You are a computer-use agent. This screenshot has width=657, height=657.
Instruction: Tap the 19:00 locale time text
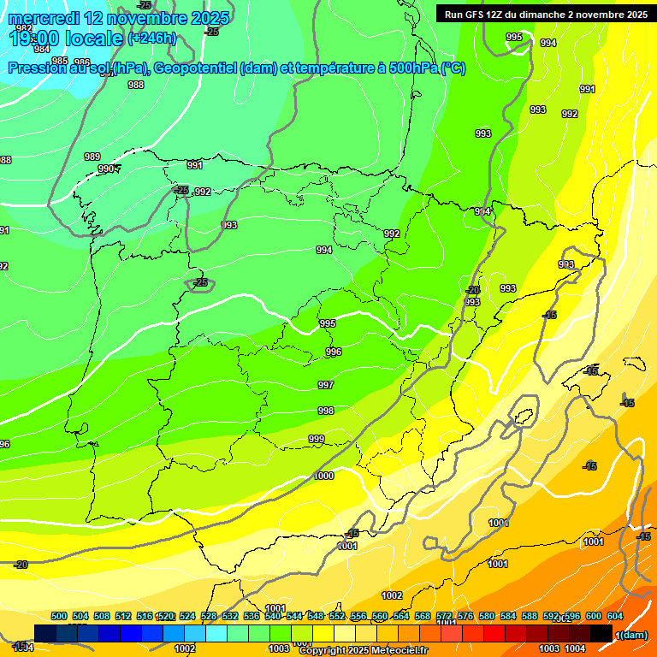[65, 38]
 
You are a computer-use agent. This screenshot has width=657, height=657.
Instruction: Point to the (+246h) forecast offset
[152, 38]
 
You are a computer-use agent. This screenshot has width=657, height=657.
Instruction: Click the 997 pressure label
[325, 386]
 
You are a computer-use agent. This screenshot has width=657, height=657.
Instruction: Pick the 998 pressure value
[325, 411]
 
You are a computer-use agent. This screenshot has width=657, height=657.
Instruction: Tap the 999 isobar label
[317, 439]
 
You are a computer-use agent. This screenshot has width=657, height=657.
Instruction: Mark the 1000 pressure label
[324, 476]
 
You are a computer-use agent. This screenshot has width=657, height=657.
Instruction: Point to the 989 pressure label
[92, 157]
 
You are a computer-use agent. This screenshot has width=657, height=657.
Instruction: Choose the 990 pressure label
[106, 169]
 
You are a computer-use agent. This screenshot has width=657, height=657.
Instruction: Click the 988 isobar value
[135, 85]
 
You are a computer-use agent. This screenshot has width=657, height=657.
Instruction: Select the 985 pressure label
[60, 61]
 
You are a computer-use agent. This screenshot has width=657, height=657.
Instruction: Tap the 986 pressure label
[82, 62]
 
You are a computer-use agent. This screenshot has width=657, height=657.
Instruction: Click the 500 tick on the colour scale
[59, 617]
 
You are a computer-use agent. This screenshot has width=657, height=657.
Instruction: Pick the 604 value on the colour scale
[615, 617]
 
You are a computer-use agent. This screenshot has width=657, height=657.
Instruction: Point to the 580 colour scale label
[487, 617]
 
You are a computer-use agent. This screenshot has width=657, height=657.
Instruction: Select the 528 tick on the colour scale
[209, 617]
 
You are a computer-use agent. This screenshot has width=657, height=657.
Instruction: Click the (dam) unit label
[633, 634]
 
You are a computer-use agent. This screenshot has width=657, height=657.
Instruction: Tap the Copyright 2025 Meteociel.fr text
[363, 651]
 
